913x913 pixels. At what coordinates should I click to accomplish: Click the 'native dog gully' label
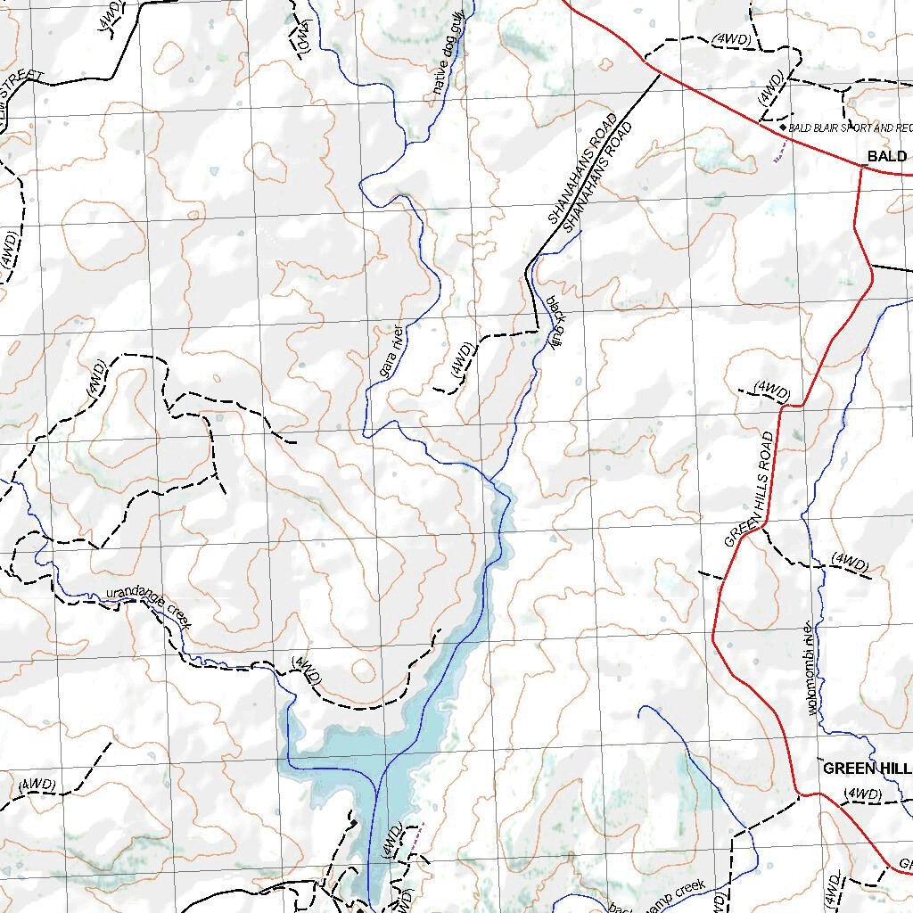[448, 59]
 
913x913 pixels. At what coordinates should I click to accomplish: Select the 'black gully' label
[553, 322]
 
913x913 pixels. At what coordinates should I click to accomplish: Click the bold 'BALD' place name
[886, 157]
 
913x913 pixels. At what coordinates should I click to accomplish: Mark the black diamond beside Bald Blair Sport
[783, 127]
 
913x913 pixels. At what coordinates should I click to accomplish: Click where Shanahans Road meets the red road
[658, 73]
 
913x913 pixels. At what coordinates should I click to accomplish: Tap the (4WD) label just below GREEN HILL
[862, 794]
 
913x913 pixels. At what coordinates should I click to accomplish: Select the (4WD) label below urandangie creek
[306, 670]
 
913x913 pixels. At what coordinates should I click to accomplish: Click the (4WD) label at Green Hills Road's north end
[772, 391]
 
